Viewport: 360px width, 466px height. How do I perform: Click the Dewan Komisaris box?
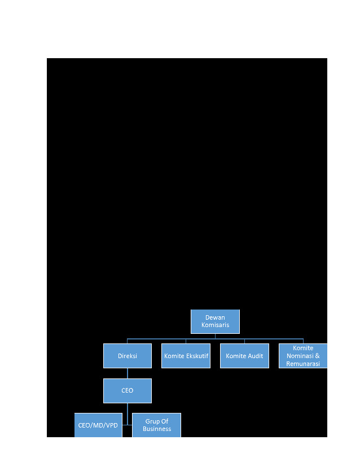pos(215,321)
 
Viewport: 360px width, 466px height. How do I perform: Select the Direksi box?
pos(128,356)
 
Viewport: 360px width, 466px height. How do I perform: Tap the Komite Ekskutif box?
pos(186,356)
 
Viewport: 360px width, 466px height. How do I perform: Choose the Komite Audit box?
pos(244,356)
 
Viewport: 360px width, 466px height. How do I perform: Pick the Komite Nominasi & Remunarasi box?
pos(303,356)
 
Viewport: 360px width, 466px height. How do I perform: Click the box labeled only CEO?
pos(128,390)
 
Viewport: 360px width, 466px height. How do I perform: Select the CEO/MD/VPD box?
pos(98,425)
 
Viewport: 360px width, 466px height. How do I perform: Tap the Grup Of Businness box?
pos(156,425)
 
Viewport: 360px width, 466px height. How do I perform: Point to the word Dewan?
pos(215,317)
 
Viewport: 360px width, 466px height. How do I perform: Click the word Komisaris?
pos(215,325)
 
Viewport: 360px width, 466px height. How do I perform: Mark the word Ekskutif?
pos(197,356)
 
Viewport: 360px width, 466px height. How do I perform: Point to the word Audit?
pos(255,356)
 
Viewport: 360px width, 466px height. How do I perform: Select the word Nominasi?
pos(300,356)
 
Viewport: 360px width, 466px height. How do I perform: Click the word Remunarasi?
pos(303,364)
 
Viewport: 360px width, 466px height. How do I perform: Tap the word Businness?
pos(157,429)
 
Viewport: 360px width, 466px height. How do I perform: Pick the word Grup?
pos(151,421)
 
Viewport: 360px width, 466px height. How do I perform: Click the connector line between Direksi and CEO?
pos(128,373)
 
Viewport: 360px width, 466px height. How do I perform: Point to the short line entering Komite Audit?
pos(244,341)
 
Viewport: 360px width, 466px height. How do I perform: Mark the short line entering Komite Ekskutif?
pos(186,341)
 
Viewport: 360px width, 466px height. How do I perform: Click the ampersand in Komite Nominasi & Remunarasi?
pos(317,356)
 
